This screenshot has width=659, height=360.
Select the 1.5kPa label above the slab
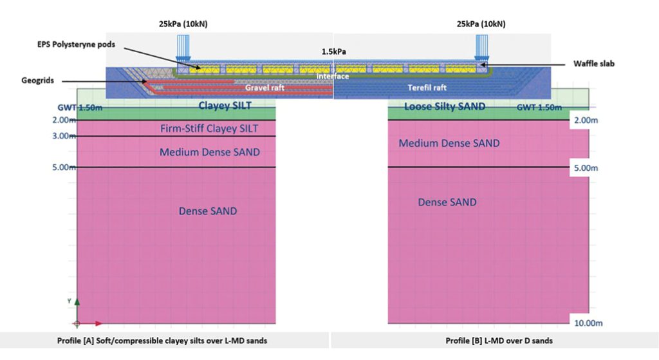point(334,50)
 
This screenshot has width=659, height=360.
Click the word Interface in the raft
point(333,77)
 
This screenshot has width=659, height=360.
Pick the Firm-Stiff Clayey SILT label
point(209,129)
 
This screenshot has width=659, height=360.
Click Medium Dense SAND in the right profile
point(449,143)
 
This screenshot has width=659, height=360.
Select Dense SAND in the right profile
point(447,202)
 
